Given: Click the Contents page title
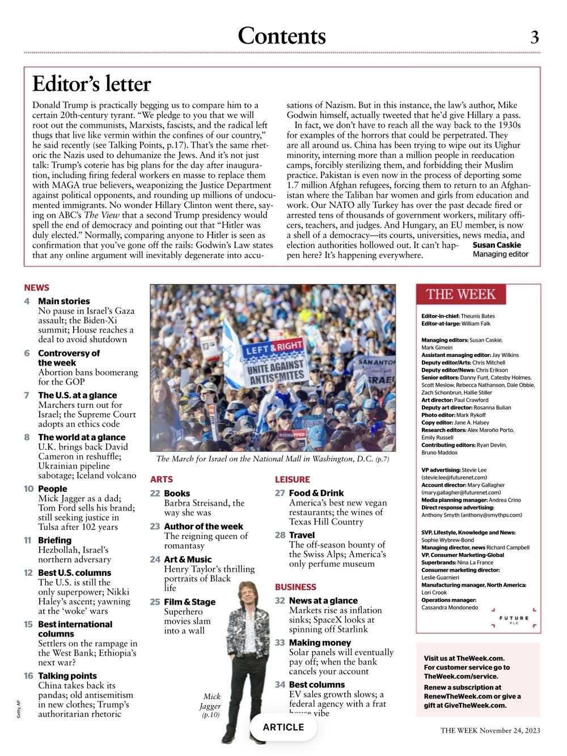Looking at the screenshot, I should pyautogui.click(x=282, y=36).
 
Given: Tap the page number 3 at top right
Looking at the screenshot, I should pyautogui.click(x=534, y=37).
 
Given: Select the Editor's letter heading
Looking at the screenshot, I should pyautogui.click(x=91, y=84).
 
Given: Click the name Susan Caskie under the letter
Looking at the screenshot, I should pyautogui.click(x=497, y=245).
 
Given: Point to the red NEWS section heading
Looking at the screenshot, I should pyautogui.click(x=37, y=288).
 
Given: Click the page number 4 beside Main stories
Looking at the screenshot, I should pyautogui.click(x=27, y=301).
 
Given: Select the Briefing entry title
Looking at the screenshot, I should pyautogui.click(x=54, y=540).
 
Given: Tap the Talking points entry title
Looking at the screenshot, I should pyautogui.click(x=67, y=676).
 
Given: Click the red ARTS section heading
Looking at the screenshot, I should pyautogui.click(x=162, y=479).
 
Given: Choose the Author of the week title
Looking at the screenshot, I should pyautogui.click(x=203, y=526).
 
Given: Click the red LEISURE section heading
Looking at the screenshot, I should pyautogui.click(x=293, y=479).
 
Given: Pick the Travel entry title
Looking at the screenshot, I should pyautogui.click(x=302, y=535).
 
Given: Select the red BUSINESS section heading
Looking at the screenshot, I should pyautogui.click(x=295, y=587).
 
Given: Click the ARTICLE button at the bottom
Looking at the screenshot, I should pyautogui.click(x=283, y=727).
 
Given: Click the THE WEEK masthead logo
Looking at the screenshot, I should pyautogui.click(x=461, y=294).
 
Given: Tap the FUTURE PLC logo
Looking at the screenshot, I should pyautogui.click(x=514, y=619).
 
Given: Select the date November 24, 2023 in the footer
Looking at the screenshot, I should pyautogui.click(x=510, y=730).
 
